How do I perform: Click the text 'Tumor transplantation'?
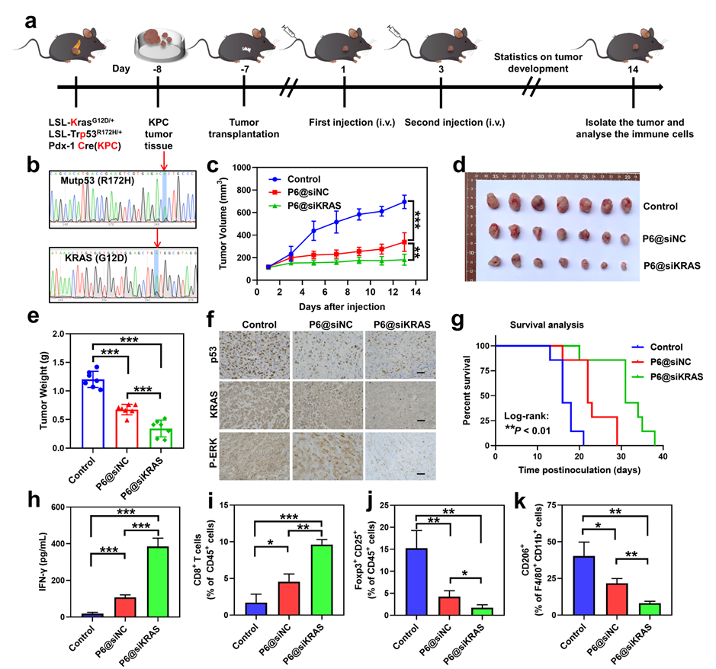[x=243, y=128]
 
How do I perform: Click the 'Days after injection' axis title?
[x=342, y=306]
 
